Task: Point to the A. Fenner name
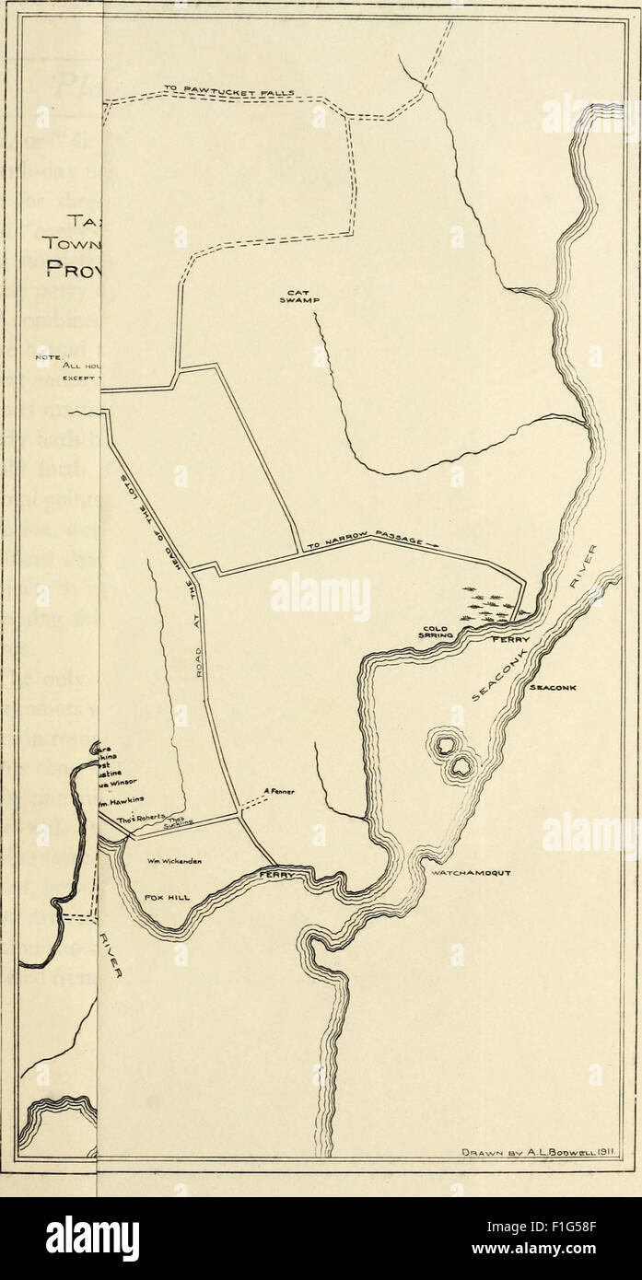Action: (278, 790)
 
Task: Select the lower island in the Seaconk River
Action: (461, 763)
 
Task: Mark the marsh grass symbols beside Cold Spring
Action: (489, 604)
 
